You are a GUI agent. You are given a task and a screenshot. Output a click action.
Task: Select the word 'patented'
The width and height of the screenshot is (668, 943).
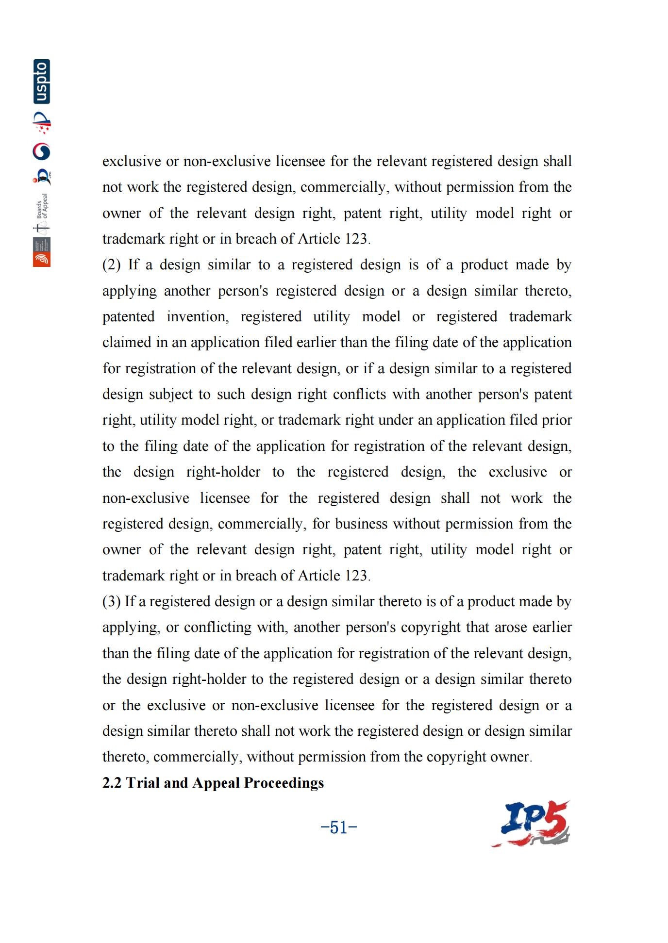point(128,317)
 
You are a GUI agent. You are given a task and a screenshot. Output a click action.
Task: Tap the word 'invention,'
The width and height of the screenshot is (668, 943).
point(198,317)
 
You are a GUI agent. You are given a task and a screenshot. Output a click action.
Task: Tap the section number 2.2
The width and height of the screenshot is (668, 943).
point(112,783)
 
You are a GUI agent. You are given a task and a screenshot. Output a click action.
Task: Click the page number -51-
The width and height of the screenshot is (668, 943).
point(339,827)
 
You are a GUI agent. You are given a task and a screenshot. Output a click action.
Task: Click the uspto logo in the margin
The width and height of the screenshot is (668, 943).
point(42,82)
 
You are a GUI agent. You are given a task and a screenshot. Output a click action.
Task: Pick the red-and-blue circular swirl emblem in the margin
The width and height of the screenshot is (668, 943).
point(42,152)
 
